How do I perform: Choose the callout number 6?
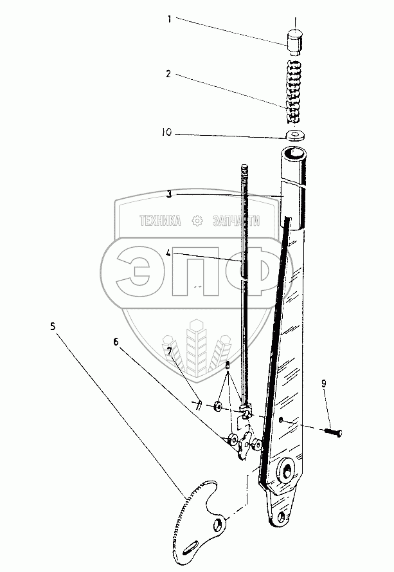click(116, 342)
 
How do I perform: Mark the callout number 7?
click(170, 351)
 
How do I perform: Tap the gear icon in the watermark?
click(197, 221)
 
